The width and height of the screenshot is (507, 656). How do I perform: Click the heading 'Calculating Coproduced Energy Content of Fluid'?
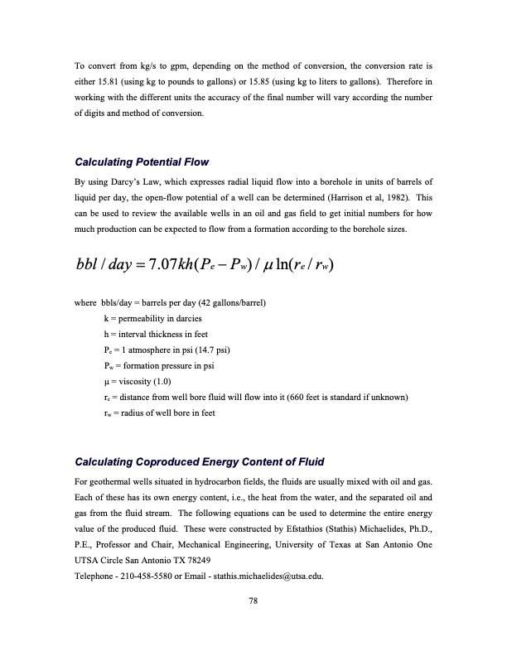[x=200, y=461]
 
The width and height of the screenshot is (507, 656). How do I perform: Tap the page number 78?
[x=254, y=602]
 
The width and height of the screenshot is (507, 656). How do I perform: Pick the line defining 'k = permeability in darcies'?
[x=154, y=318]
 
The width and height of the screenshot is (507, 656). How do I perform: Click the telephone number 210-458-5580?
[x=154, y=575]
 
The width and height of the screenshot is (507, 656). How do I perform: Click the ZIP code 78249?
[x=210, y=559]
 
